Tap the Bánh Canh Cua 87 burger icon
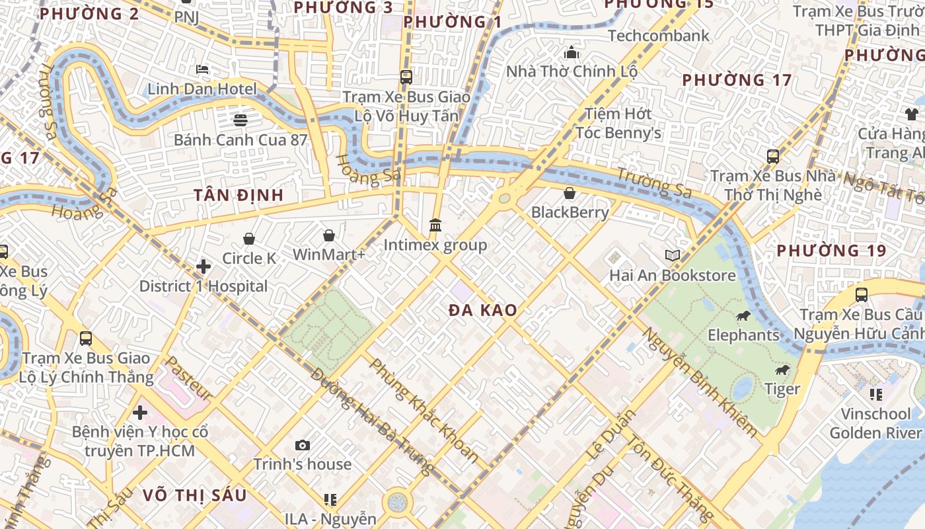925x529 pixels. click(x=240, y=120)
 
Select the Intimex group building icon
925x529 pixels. click(x=435, y=225)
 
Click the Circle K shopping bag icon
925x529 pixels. click(x=249, y=239)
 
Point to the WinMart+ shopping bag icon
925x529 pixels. click(x=328, y=235)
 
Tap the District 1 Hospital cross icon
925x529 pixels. click(x=203, y=266)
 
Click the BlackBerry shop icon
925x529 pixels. click(x=570, y=193)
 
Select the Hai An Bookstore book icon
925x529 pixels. click(x=672, y=256)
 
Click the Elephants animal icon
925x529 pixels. click(x=743, y=315)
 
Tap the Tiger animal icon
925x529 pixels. click(x=782, y=370)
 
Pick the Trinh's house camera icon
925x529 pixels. click(x=303, y=445)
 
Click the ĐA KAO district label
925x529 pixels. click(x=482, y=310)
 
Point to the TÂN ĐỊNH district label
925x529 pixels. click(x=239, y=195)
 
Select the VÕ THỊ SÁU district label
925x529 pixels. click(x=194, y=495)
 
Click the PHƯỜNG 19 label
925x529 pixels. click(x=831, y=251)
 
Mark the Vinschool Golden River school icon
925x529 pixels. click(x=875, y=395)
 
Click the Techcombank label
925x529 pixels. click(x=658, y=36)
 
